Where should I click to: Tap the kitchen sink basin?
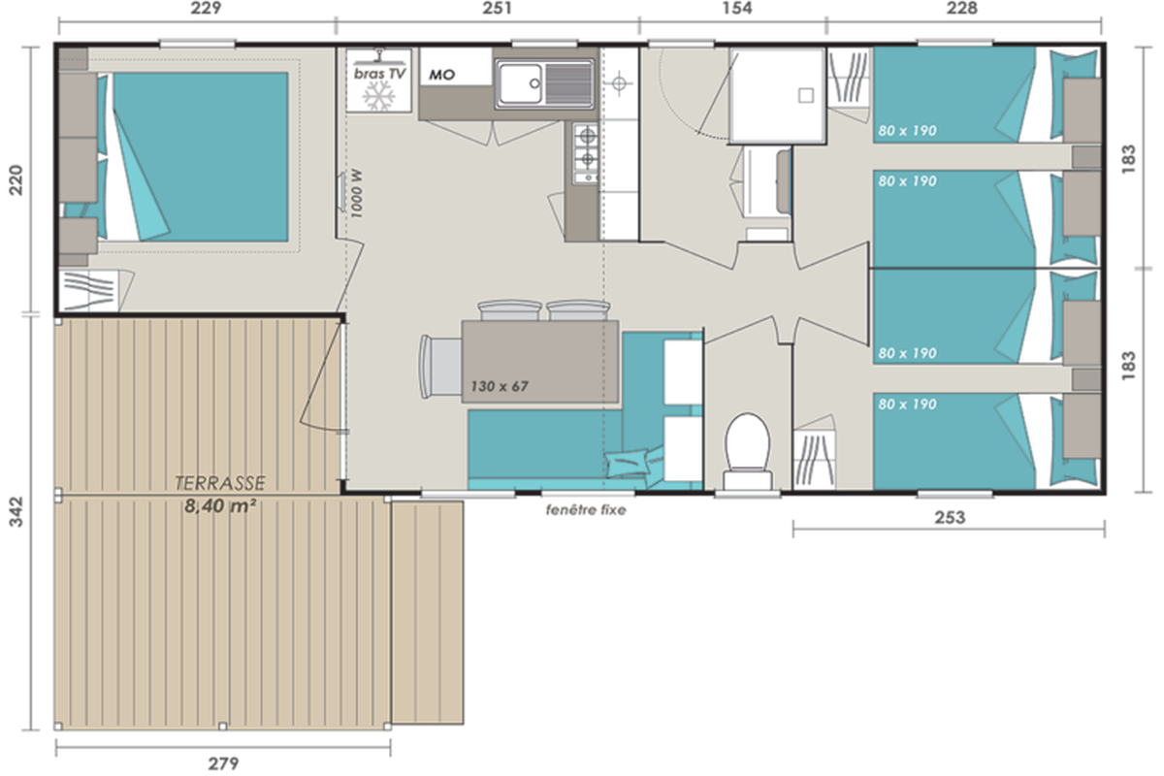[x=521, y=83]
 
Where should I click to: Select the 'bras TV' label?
[x=379, y=74]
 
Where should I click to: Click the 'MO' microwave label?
[x=441, y=76]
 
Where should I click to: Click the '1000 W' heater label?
[x=357, y=193]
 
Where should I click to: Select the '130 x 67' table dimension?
[x=500, y=386]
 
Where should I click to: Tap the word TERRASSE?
[x=220, y=483]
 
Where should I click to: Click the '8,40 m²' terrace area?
[x=220, y=505]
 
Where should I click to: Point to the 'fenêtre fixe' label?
[x=586, y=510]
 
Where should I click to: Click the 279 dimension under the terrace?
[x=223, y=763]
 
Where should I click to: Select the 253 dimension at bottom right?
[x=950, y=517]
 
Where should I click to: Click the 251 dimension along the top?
[x=497, y=8]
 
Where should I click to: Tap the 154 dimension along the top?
[x=737, y=8]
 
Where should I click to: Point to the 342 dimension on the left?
[x=16, y=512]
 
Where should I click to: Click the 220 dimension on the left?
[x=16, y=179]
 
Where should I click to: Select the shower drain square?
[x=806, y=95]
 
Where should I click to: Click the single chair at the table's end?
[x=440, y=367]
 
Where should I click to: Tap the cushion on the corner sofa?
[x=628, y=463]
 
